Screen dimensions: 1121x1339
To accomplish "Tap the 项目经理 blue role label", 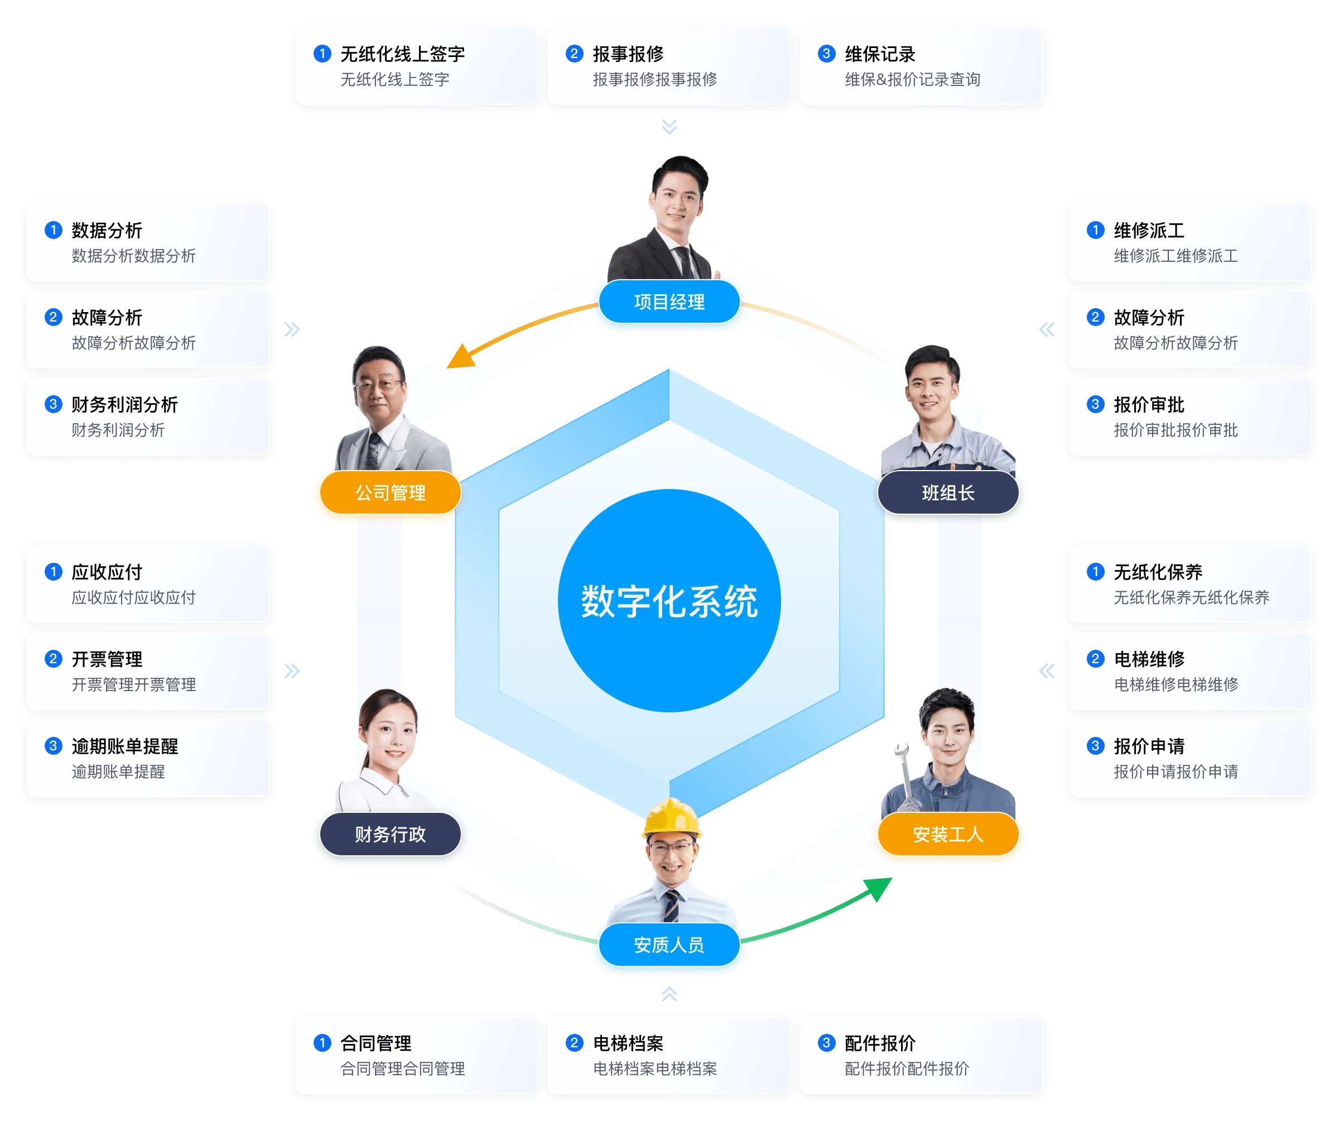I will [x=669, y=302].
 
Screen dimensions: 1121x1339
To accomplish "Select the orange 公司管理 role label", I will [x=390, y=492].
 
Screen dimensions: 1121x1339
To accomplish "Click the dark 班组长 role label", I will [x=948, y=492].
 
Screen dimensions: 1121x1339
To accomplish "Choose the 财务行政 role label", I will [x=390, y=834].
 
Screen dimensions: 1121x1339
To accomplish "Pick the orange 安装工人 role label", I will [x=948, y=834].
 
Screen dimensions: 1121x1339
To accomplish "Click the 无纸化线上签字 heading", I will [x=402, y=54].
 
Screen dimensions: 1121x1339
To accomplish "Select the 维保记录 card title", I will [x=880, y=54].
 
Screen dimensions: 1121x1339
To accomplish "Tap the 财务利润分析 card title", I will [x=124, y=405].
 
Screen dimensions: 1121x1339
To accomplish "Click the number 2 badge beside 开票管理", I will [x=54, y=658].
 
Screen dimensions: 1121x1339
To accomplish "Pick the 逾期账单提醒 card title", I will [x=124, y=746].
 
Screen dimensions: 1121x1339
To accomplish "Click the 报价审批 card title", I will [x=1148, y=405].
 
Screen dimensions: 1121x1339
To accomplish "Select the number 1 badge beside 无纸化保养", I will [x=1095, y=572].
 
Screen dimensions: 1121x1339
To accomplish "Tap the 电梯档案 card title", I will [x=628, y=1043].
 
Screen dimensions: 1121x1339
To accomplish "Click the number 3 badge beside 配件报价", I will [x=826, y=1042].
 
